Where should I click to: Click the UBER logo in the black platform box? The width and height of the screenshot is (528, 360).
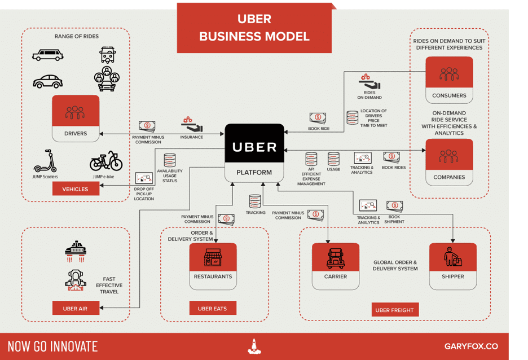[x=254, y=147]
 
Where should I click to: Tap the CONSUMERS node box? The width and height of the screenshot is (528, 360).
[x=449, y=80]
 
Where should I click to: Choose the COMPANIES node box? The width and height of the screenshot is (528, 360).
[x=449, y=161]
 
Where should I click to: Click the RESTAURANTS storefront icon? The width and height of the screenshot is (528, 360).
[x=213, y=258]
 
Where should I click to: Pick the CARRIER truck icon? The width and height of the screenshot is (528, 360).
[x=336, y=258]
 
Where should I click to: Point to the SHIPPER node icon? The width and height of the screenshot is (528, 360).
[x=452, y=258]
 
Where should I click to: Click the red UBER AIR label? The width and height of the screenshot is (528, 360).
[x=74, y=309]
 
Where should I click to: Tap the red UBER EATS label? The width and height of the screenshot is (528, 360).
[x=212, y=309]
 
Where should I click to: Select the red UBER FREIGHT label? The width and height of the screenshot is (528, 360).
[x=394, y=310]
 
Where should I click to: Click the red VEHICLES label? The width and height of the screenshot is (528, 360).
[x=76, y=189]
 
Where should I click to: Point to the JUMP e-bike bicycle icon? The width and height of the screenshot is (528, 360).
[x=106, y=161]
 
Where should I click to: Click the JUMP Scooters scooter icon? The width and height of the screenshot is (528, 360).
[x=45, y=161]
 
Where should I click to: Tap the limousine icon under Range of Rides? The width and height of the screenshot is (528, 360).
[x=48, y=55]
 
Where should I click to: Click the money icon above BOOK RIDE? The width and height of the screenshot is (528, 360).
[x=318, y=118]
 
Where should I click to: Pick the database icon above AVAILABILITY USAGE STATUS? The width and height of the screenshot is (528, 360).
[x=170, y=160]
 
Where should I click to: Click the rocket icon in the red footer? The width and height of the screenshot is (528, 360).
[x=254, y=346]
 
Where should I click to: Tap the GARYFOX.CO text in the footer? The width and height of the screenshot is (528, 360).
[x=471, y=346]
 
